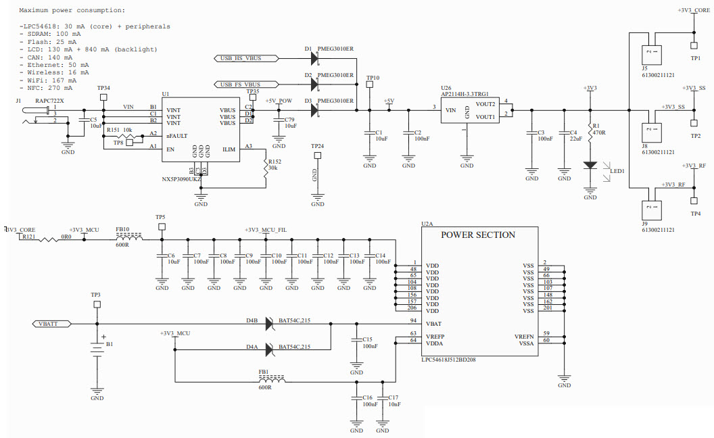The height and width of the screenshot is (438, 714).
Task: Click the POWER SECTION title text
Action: click(x=478, y=235)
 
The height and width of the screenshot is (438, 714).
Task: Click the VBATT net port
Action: click(x=53, y=324)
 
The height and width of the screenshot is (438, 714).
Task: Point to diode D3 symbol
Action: click(x=314, y=110)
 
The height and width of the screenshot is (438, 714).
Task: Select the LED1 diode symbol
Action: click(x=590, y=165)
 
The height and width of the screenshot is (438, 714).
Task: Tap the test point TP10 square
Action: click(x=369, y=86)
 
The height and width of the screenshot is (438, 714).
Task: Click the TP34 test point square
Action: click(x=103, y=97)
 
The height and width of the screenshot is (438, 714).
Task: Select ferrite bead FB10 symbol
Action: click(x=129, y=239)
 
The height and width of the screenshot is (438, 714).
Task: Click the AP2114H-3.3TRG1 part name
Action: click(x=465, y=94)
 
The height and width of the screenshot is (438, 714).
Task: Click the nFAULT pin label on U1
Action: click(x=177, y=136)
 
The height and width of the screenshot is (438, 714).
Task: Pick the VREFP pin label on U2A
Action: click(x=435, y=336)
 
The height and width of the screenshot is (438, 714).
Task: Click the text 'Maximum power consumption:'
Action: click(x=72, y=11)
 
